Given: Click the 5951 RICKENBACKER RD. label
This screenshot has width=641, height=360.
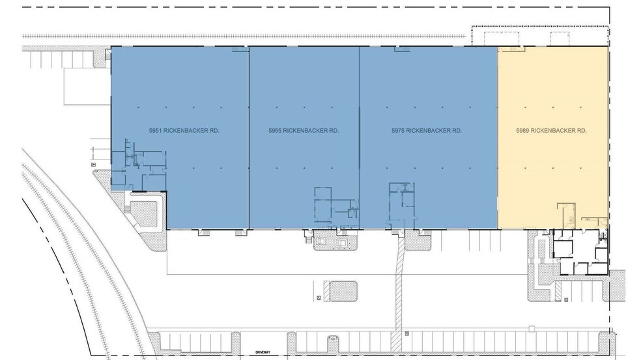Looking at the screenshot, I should point(184,131).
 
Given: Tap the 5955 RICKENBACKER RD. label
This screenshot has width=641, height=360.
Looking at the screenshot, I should point(304,131).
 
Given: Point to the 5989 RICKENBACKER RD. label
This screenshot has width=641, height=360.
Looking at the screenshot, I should point(552,131).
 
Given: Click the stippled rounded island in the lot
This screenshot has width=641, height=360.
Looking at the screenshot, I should point(339,290).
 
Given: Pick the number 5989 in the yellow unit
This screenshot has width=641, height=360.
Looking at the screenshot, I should point(523,131).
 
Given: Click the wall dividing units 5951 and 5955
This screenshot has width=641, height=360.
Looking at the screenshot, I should point(249,137).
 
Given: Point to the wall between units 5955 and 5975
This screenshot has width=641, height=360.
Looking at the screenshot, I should point(360,137).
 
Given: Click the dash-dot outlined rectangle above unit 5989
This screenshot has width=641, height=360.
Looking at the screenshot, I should point(540,36).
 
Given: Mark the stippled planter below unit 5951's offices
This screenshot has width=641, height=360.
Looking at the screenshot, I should point(147,212).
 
